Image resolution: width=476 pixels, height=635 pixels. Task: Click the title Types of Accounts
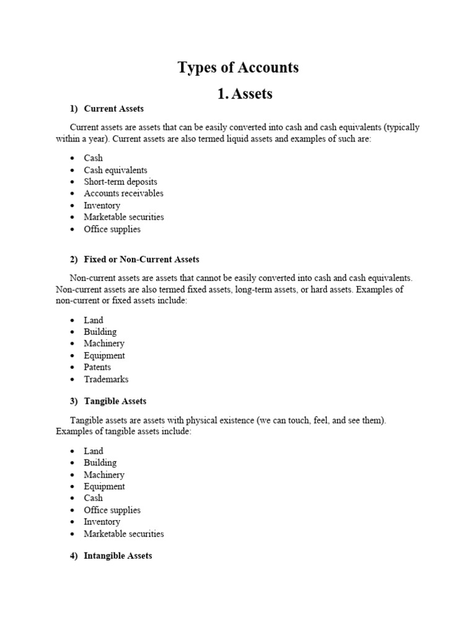[238, 68]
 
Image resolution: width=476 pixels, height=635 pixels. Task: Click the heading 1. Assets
[245, 94]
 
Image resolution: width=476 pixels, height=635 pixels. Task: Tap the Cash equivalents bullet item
[115, 170]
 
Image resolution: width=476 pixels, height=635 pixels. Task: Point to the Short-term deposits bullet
[120, 182]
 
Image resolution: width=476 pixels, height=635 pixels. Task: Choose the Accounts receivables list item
[123, 193]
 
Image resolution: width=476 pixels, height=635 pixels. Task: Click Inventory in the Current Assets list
[102, 205]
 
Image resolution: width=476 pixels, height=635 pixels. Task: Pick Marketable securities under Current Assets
[124, 217]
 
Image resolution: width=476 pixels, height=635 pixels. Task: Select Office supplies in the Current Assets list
[112, 229]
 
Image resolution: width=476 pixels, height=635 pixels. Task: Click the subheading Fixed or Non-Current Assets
[141, 259]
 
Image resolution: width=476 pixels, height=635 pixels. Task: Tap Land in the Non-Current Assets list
[94, 320]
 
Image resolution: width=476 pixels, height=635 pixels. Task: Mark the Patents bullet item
[97, 367]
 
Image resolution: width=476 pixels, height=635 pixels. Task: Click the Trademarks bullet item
[106, 379]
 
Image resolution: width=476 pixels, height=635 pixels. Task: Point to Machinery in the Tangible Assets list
[104, 474]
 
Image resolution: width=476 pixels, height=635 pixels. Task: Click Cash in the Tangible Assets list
[93, 498]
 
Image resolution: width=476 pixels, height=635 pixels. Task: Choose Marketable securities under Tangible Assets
[124, 533]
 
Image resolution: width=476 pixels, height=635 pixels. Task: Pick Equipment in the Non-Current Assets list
[104, 355]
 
